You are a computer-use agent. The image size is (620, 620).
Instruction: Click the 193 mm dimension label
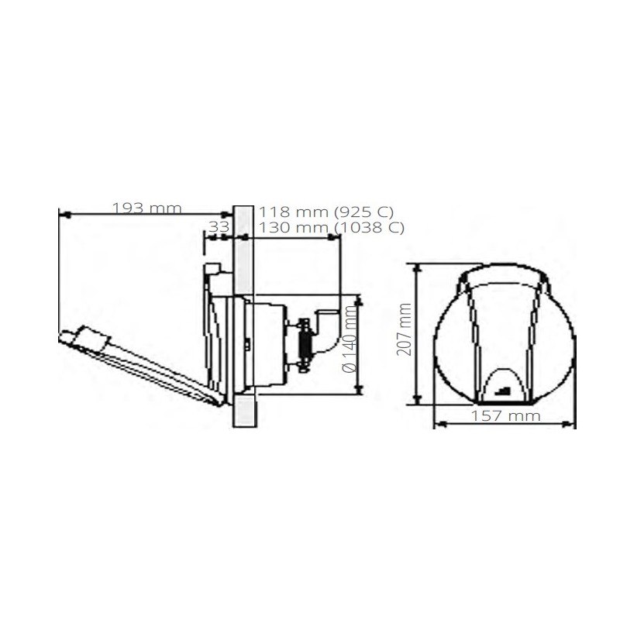(146, 208)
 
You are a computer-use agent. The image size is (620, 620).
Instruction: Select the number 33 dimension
(219, 226)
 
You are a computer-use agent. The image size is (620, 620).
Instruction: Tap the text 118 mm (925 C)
(326, 211)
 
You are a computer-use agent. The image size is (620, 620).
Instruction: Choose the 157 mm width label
(505, 415)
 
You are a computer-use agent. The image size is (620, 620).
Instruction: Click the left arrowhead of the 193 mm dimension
(62, 213)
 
